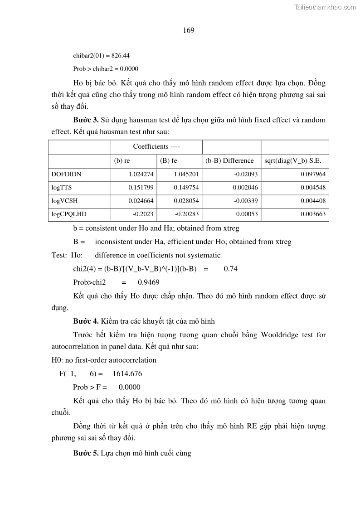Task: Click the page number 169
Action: [189, 30]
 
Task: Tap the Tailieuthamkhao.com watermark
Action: [325, 7]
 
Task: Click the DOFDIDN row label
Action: [66, 174]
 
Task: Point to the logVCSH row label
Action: [64, 201]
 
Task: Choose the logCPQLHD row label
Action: [69, 214]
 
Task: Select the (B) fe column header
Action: [168, 160]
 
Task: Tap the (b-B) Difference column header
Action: [230, 160]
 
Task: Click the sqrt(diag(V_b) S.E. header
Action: [293, 160]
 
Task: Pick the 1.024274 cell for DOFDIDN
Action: [141, 174]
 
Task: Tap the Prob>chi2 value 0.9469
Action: [149, 282]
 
